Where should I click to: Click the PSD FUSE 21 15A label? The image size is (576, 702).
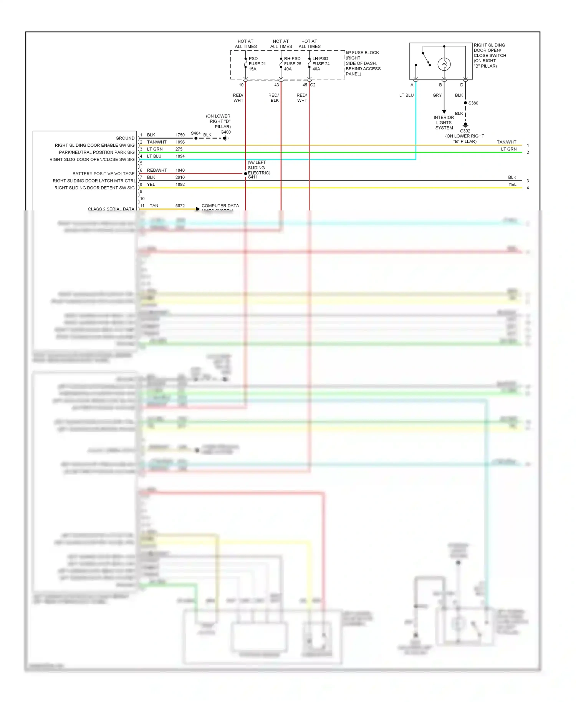(x=257, y=64)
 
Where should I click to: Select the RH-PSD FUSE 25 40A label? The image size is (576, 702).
(x=292, y=64)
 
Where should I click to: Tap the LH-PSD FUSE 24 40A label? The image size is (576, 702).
(x=321, y=64)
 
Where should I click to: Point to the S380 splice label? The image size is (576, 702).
(x=473, y=103)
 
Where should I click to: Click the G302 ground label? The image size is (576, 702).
(x=465, y=131)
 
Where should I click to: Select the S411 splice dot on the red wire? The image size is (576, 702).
(x=245, y=174)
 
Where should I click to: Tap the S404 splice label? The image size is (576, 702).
(x=195, y=133)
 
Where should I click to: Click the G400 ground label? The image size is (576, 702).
(x=225, y=132)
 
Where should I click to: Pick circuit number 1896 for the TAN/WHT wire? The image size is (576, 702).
(x=180, y=142)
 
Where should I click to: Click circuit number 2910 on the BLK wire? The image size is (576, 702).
(x=180, y=177)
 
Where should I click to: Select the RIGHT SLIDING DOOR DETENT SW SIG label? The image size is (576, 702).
(x=94, y=188)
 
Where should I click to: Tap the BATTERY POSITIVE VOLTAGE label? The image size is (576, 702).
(x=103, y=174)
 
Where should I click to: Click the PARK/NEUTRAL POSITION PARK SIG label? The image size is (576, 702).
(x=97, y=152)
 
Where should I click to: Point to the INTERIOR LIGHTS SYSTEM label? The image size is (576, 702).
(x=444, y=123)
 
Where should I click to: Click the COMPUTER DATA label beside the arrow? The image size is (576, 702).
(x=220, y=206)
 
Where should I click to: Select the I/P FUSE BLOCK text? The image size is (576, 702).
(x=362, y=53)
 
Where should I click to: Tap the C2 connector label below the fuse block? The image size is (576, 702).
(x=313, y=85)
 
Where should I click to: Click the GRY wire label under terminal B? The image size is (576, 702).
(x=437, y=95)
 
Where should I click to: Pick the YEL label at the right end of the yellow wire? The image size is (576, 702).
(x=512, y=184)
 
